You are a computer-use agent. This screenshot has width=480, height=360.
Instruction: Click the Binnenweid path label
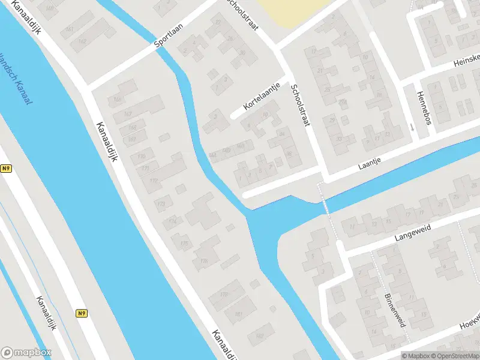(393, 310)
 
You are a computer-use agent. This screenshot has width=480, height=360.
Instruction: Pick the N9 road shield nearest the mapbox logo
(82, 313)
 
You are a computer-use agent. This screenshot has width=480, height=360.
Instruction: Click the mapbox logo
(26, 352)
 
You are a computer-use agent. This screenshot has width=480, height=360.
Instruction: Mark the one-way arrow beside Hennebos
(412, 127)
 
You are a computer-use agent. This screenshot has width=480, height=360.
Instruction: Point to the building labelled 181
(238, 314)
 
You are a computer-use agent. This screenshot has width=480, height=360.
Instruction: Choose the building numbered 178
(224, 294)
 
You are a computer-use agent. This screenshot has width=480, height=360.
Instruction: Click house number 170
(142, 157)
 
